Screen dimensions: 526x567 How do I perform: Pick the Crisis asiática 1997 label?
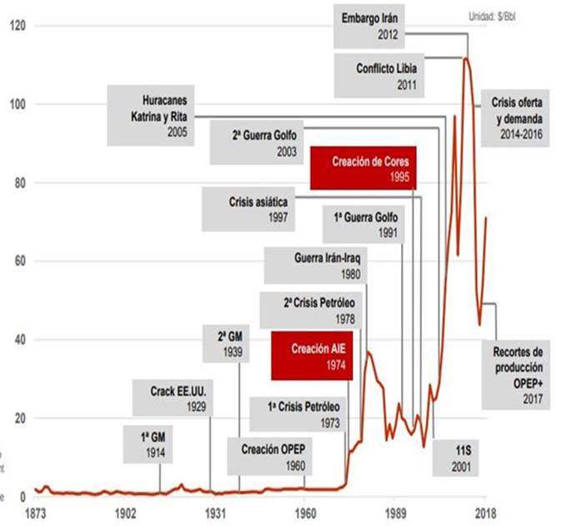(258, 210)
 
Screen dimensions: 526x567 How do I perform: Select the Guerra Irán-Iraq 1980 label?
(314, 265)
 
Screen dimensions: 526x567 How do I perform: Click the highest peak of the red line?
(466, 58)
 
